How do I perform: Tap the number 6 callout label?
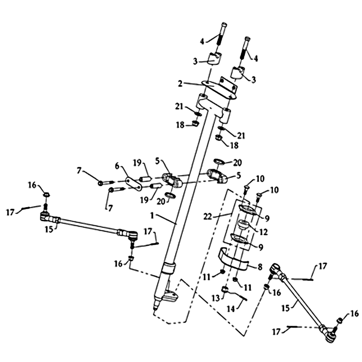(x=117, y=167)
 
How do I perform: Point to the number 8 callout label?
(x=259, y=267)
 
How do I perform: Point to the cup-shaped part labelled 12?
(x=244, y=225)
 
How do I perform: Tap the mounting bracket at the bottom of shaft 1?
(x=171, y=296)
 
